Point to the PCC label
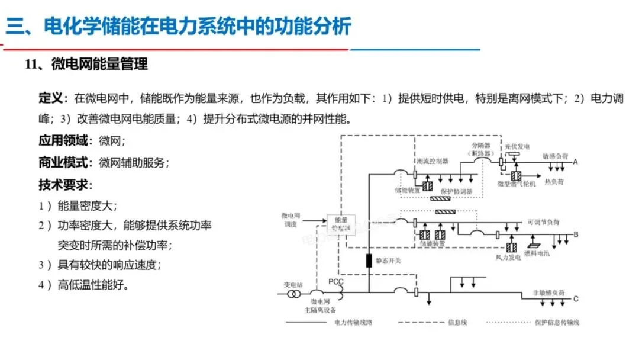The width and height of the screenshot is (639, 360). (335, 281)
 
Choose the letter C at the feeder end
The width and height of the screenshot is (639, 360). (575, 300)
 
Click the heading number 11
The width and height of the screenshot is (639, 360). (31, 64)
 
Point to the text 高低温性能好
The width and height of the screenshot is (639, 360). (92, 285)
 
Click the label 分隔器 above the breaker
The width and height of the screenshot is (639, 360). (482, 145)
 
